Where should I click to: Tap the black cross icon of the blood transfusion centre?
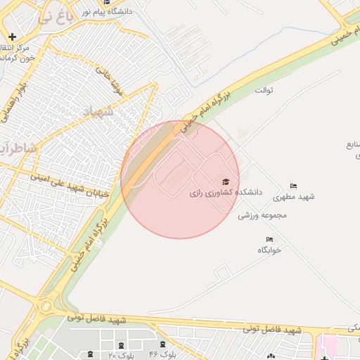13,37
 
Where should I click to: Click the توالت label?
263,91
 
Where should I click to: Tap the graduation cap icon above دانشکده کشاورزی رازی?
225,181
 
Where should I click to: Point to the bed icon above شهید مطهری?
293,186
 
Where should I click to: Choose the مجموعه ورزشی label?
264,215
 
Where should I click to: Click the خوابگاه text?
269,250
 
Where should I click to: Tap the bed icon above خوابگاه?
269,240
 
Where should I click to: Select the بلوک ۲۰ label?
122,355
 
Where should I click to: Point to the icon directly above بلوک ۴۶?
163,345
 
